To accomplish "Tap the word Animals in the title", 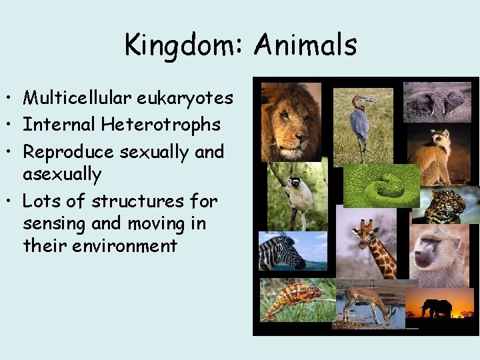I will click(306, 45).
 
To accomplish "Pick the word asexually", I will click(63, 175).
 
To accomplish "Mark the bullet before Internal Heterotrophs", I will click(13, 125).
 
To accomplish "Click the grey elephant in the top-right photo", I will click(436, 104).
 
